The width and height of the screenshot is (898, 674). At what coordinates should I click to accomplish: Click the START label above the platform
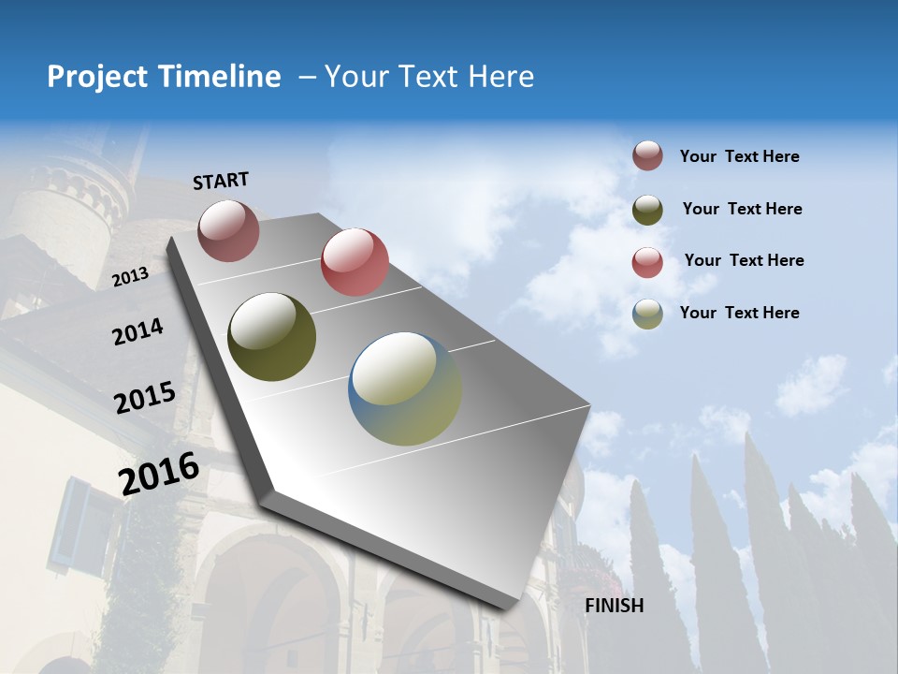[x=221, y=181]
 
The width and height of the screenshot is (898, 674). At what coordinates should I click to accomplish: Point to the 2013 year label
[x=130, y=277]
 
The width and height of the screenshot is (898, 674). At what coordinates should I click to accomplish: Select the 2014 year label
[x=138, y=332]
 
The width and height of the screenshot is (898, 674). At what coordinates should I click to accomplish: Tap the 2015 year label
[x=144, y=398]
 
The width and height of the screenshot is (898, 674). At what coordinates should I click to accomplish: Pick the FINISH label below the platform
[x=615, y=606]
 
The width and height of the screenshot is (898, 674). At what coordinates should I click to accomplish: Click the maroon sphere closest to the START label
[x=228, y=230]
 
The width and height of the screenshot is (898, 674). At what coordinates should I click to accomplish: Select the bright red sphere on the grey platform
[x=355, y=261]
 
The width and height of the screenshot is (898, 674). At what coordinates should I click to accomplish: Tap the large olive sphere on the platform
[x=271, y=337]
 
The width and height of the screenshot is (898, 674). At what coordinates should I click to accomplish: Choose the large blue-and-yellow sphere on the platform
[x=405, y=388]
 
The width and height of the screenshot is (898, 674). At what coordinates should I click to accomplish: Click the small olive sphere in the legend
[x=647, y=210]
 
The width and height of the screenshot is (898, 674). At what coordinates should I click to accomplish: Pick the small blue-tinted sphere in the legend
[x=647, y=314]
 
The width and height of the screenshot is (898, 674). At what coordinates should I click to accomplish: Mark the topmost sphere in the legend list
[x=647, y=156]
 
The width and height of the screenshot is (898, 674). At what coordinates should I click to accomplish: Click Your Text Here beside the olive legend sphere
[x=742, y=209]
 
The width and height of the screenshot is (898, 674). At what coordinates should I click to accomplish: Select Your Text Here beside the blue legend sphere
[x=739, y=313]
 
